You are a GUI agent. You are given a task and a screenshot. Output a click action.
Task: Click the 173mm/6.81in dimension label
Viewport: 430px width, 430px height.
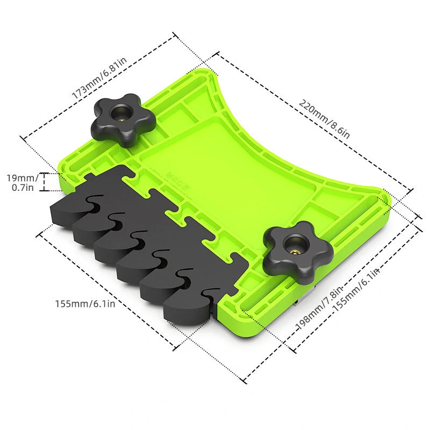pos(99,78)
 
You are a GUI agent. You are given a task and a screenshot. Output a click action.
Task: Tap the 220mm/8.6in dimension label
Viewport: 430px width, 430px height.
pos(325,119)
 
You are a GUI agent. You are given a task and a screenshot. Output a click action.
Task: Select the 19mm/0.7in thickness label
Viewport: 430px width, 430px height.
pos(22,183)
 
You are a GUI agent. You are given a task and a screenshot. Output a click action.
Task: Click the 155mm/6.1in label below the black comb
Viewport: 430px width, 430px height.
pos(85,304)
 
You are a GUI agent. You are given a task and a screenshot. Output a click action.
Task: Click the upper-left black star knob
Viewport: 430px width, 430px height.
pos(123,119)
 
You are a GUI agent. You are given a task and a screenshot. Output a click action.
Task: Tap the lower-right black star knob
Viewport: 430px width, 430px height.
pos(298,252)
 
